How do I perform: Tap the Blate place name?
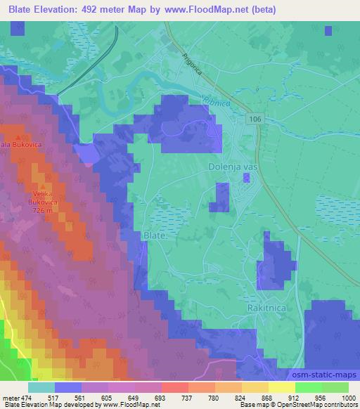[154, 236]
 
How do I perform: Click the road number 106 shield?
[255, 120]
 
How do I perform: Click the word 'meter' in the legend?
[10, 398]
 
